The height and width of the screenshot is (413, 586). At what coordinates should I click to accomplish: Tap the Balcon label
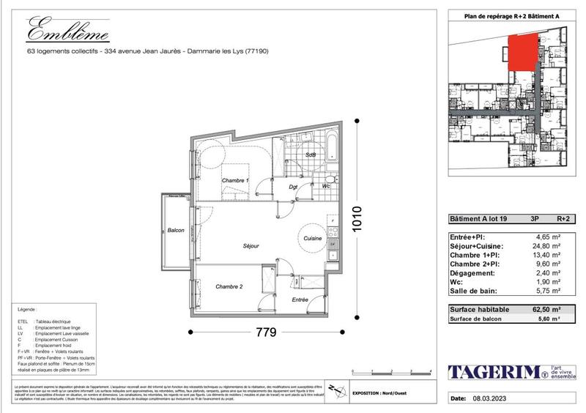pos(176,230)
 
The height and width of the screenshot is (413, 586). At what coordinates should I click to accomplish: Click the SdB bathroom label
pos(311,155)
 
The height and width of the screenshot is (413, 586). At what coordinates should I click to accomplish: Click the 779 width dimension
pos(265,333)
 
